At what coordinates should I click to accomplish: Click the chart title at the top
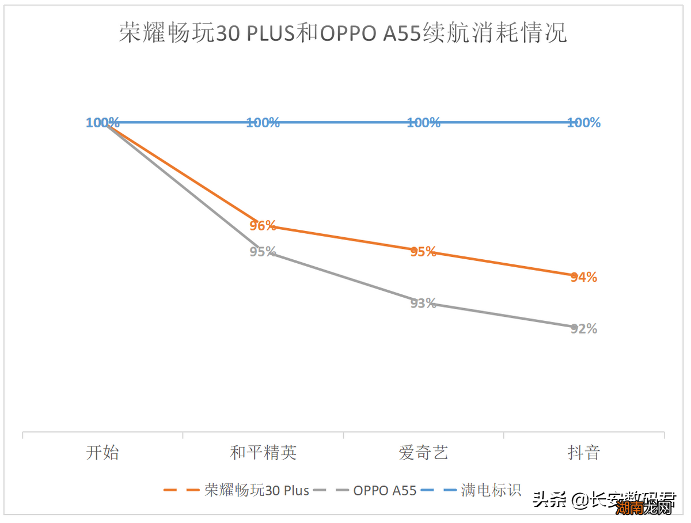coord(343,33)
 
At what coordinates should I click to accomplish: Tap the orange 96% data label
coord(263,226)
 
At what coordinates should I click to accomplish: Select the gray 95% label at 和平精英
coord(263,252)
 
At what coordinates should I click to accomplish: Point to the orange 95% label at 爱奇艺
coord(423,252)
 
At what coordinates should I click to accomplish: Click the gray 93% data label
coord(423,304)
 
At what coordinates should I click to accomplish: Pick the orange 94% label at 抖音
coord(584,278)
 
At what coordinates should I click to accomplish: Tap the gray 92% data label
coord(584,329)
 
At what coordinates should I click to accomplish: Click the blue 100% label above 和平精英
coord(263,123)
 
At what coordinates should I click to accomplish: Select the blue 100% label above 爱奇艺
coord(423,123)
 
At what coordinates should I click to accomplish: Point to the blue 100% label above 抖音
coord(584,123)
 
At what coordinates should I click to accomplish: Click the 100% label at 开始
coord(103,123)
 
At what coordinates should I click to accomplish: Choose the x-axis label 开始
coord(102,453)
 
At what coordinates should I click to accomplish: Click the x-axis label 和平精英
coord(263,453)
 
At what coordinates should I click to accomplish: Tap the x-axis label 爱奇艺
coord(423,453)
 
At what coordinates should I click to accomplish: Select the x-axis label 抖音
coord(584,453)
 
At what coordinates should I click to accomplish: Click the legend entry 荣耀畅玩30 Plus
coord(256,490)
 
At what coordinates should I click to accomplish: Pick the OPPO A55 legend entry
coord(384,490)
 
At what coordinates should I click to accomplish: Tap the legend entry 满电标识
coord(491,490)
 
